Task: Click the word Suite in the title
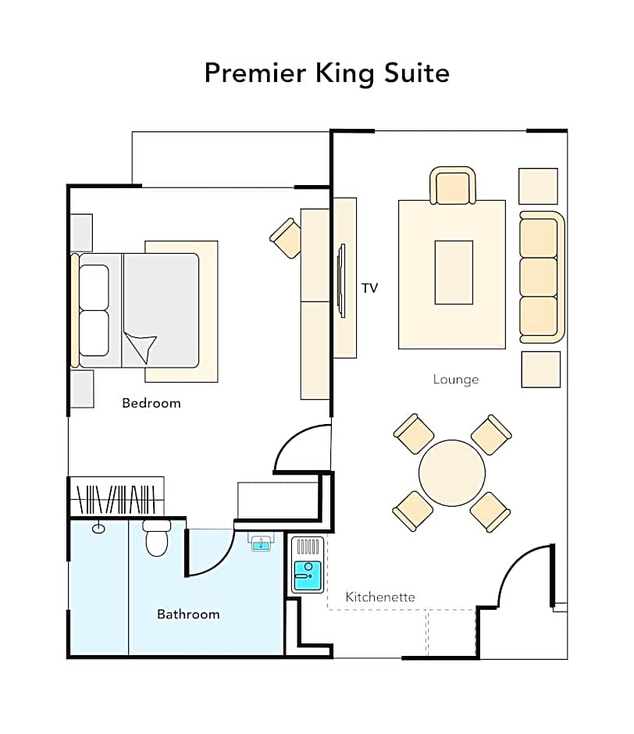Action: click(x=417, y=73)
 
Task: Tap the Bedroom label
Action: click(x=151, y=403)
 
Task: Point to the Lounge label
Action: click(x=456, y=379)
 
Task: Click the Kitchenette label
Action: click(x=380, y=597)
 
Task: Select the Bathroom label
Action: click(x=188, y=615)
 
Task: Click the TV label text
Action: click(x=369, y=288)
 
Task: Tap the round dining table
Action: click(x=452, y=472)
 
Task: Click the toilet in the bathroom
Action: click(x=157, y=538)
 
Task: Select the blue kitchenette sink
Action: click(x=308, y=575)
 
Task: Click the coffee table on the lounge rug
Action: click(x=454, y=273)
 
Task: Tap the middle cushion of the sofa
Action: click(x=539, y=276)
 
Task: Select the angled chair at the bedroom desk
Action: click(x=286, y=238)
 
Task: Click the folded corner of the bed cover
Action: click(x=141, y=347)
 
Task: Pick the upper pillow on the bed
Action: click(x=94, y=287)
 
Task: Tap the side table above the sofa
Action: click(x=538, y=187)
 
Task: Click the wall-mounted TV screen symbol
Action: click(x=342, y=280)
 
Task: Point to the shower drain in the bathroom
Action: click(x=98, y=529)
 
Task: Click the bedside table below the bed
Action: click(x=82, y=389)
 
